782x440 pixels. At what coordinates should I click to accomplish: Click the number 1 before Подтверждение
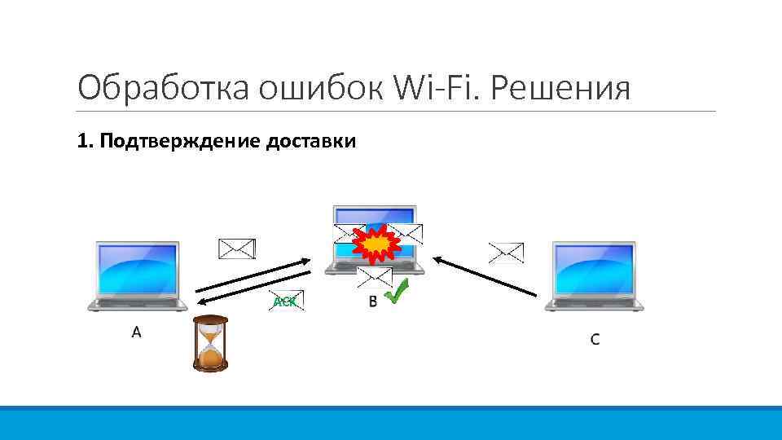tap(81, 142)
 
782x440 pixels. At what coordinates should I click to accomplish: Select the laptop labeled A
tap(137, 275)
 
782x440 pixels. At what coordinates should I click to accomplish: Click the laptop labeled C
tap(594, 275)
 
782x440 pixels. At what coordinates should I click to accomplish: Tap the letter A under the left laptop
tap(137, 332)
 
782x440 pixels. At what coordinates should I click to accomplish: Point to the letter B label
tap(373, 302)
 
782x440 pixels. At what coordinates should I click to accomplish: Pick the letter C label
tap(595, 339)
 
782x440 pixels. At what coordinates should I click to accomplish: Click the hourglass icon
tap(210, 343)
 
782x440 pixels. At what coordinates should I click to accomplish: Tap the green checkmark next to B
tap(397, 292)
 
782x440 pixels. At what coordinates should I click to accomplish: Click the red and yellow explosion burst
tap(377, 244)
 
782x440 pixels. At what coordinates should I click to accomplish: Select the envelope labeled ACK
tap(286, 301)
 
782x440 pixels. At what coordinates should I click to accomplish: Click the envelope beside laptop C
tap(506, 252)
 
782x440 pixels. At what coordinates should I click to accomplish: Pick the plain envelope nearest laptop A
tap(237, 248)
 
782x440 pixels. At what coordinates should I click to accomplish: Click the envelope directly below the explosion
tap(375, 278)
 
